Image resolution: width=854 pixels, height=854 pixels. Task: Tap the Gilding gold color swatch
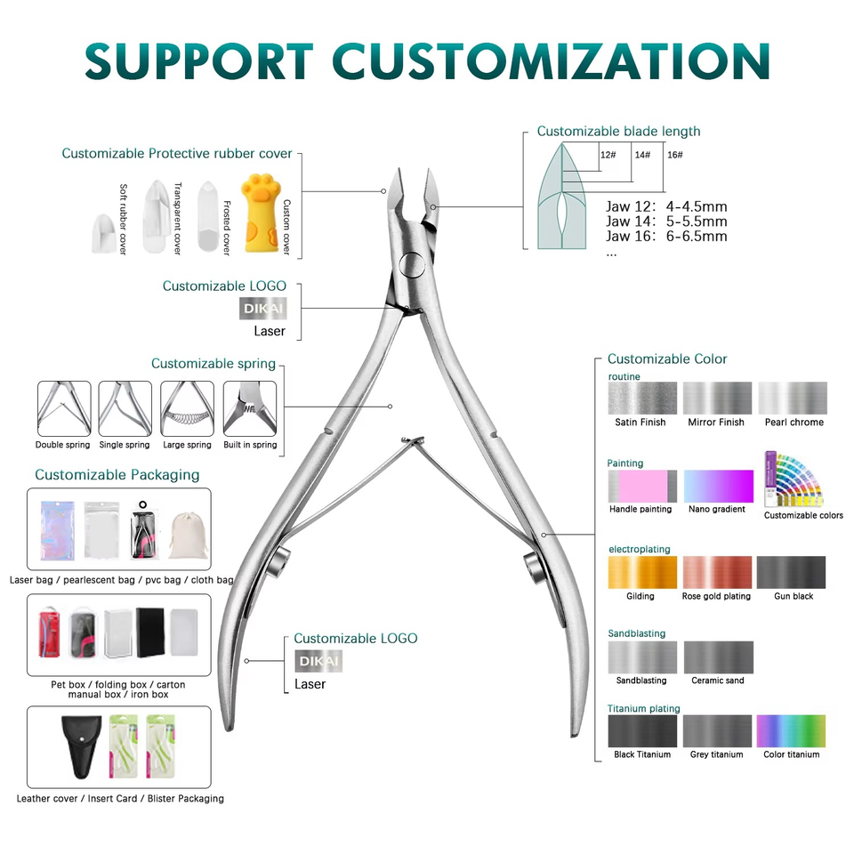(640, 573)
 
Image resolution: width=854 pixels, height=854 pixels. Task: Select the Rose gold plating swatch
(716, 573)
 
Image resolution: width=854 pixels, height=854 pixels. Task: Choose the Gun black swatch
(791, 573)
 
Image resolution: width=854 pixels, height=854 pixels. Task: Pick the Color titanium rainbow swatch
(791, 731)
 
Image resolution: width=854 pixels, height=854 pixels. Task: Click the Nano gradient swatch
(716, 486)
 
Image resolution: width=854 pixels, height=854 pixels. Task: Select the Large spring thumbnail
(187, 408)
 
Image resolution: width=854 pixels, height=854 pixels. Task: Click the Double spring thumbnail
(64, 408)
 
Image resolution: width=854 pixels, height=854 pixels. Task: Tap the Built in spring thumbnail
(250, 408)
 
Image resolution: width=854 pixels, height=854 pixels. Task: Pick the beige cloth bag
(187, 536)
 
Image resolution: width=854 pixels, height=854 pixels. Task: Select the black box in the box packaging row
(152, 632)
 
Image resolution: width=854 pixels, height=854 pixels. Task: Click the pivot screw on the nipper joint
(411, 263)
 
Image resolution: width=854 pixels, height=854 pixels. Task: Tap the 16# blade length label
(674, 155)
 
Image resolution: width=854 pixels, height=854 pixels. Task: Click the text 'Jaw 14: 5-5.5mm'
(665, 222)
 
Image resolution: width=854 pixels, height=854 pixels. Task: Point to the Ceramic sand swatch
(717, 657)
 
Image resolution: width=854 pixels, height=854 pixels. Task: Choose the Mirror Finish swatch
(716, 399)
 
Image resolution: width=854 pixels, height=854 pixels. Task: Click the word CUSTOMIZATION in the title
(551, 60)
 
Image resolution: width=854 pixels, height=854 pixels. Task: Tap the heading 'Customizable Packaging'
(117, 475)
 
